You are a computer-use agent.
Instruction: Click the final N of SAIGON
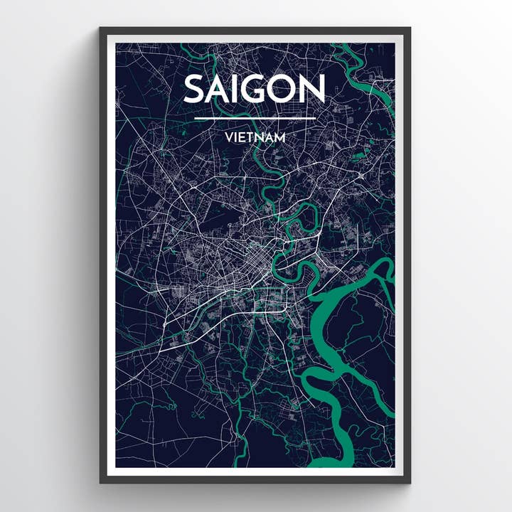313,89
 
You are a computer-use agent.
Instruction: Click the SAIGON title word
255,89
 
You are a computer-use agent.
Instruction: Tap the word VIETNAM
255,137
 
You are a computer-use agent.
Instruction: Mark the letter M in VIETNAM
280,137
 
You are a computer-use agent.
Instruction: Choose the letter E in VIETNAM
241,137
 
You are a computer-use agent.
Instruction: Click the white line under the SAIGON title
255,118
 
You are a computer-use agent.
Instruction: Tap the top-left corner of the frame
102,29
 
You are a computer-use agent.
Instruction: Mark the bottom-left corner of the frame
102,481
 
